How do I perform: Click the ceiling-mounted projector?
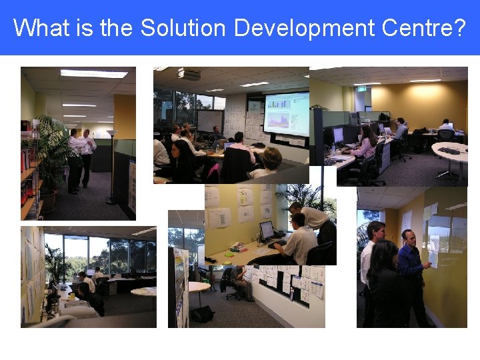click(x=189, y=74)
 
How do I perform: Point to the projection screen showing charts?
click(x=286, y=114)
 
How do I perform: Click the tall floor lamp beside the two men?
click(x=111, y=167)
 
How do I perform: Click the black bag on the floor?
click(x=203, y=313)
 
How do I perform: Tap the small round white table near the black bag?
click(x=198, y=288)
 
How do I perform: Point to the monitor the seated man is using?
click(x=267, y=231)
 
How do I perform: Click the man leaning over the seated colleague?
click(x=313, y=223)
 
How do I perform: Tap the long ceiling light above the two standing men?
click(x=93, y=74)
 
